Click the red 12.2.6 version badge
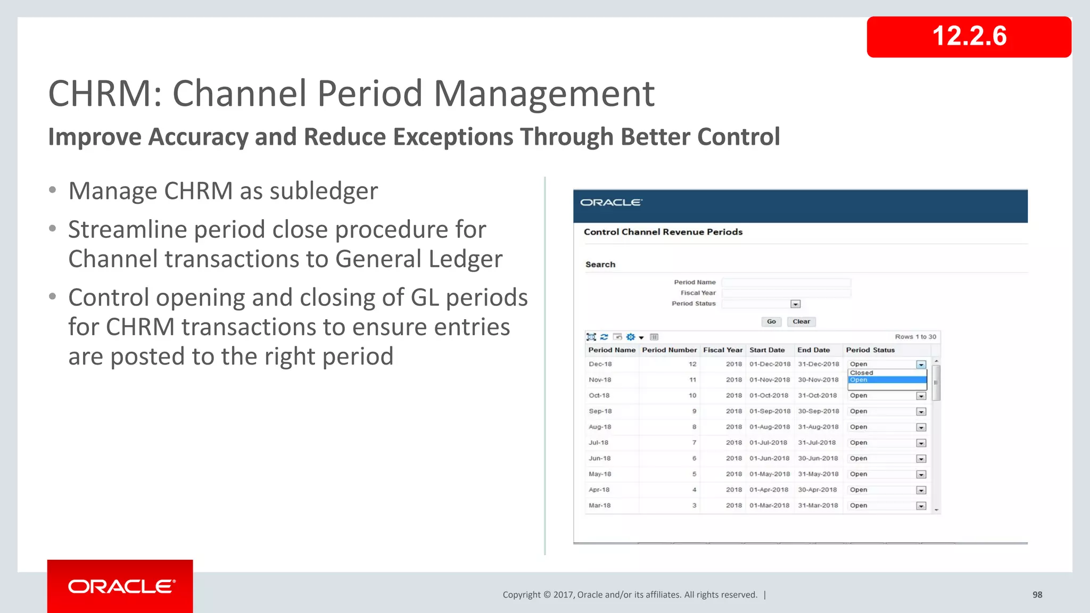click(969, 37)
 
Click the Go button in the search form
click(771, 321)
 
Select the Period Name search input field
click(786, 283)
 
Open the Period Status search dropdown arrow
click(795, 304)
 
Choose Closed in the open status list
click(862, 373)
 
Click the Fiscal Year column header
click(722, 350)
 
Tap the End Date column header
click(813, 350)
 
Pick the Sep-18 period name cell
click(600, 411)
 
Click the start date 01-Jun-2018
click(769, 458)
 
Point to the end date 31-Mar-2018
click(817, 506)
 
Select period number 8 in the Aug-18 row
click(694, 427)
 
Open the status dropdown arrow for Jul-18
click(921, 443)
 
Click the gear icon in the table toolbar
click(631, 337)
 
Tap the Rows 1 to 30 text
click(915, 337)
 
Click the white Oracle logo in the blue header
click(611, 203)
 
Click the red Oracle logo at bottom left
click(120, 586)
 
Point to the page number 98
click(1037, 595)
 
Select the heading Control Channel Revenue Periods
click(663, 232)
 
